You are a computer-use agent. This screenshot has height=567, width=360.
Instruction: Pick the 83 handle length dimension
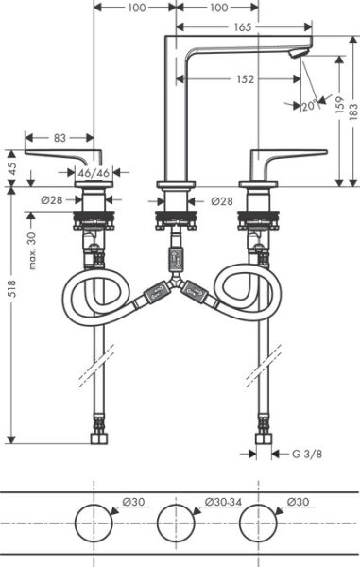click(x=59, y=138)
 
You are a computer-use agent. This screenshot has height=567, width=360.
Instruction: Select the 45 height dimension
click(x=11, y=166)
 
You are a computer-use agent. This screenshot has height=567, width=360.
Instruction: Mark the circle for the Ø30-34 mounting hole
click(x=175, y=523)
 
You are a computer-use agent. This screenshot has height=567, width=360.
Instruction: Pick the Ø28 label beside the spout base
click(x=223, y=201)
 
